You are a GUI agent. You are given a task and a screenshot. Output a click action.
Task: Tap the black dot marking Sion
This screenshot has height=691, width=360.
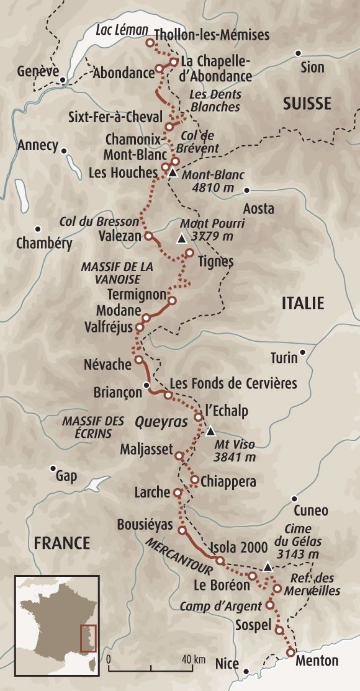(x=299, y=53)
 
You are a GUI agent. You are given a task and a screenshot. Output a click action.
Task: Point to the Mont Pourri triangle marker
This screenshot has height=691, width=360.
(x=181, y=238)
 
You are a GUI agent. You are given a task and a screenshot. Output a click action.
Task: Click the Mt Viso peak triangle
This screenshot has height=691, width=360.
(x=210, y=430)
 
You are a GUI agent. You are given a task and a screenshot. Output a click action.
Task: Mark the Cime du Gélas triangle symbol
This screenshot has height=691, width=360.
(x=267, y=566)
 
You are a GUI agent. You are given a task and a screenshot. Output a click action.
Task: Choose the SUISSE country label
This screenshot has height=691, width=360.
(x=307, y=103)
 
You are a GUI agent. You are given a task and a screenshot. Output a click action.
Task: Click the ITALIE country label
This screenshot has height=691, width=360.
(x=303, y=303)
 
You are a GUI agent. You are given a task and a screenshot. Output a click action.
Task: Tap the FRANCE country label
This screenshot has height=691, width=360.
(x=62, y=543)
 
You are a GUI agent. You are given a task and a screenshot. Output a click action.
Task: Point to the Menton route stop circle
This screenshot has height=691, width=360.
(x=290, y=651)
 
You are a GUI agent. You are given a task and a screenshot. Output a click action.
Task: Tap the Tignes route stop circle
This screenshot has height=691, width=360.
(x=190, y=252)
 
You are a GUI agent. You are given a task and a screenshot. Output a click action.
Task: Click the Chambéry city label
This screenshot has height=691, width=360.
(x=44, y=243)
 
